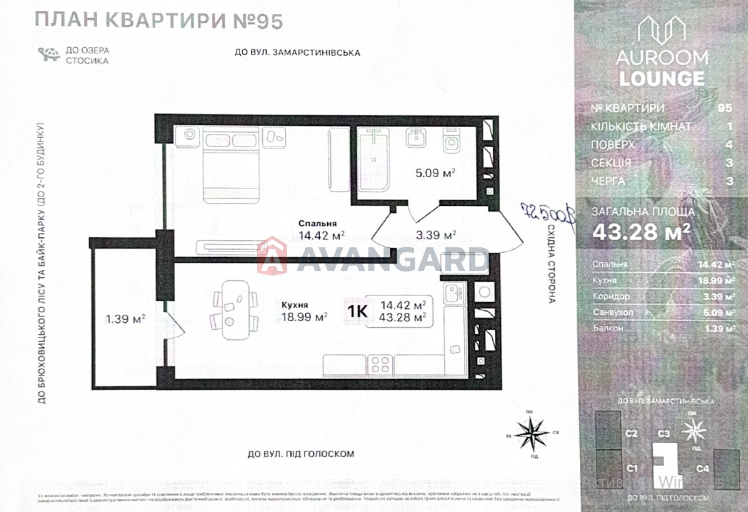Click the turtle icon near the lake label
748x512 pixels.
(49, 54)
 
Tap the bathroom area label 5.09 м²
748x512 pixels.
(435, 173)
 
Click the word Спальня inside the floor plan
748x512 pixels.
(317, 224)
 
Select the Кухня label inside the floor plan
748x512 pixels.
(295, 305)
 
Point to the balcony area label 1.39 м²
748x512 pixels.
(125, 319)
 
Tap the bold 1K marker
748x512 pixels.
(357, 311)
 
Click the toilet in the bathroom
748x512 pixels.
(451, 140)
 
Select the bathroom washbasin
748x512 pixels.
(415, 137)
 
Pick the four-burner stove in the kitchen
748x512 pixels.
(380, 365)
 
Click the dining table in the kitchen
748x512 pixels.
(236, 310)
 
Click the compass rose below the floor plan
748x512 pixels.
(532, 433)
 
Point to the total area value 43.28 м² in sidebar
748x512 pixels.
(641, 232)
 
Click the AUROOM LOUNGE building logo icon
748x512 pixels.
(662, 30)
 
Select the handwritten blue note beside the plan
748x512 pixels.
(548, 215)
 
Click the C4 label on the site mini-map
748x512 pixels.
(702, 468)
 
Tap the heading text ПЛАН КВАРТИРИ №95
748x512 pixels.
(159, 21)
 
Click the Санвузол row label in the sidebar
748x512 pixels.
(613, 312)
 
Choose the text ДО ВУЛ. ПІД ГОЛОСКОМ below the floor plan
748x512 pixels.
(301, 454)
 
